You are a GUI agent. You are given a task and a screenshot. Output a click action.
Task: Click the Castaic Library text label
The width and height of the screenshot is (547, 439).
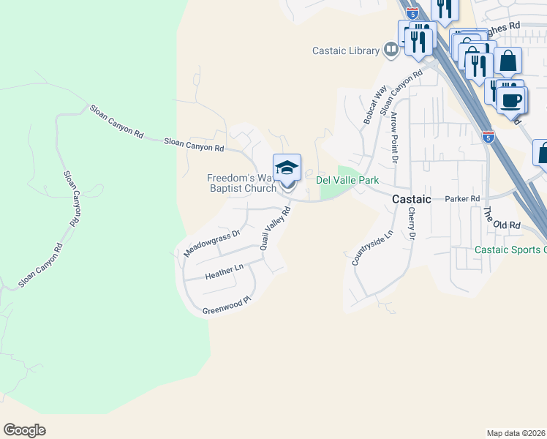pos(346,50)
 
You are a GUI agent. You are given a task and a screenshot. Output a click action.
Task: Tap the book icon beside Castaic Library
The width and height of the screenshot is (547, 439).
pos(391,50)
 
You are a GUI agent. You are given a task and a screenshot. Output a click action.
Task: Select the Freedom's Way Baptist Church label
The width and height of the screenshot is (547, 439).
pos(241,183)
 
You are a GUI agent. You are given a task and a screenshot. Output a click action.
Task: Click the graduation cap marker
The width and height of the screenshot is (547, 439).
pos(287,168)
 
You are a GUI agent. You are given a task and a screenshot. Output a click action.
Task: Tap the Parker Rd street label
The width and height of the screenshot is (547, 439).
pos(463,199)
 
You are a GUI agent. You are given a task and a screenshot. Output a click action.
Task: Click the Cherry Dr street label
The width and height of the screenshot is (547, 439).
pos(411,223)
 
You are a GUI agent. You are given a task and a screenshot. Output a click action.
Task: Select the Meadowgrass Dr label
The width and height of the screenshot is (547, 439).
pos(212,244)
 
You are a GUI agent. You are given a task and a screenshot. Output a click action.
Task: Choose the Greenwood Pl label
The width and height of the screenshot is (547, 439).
pos(227,307)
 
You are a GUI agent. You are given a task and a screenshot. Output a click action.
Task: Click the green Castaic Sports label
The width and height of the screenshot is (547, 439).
pos(510,249)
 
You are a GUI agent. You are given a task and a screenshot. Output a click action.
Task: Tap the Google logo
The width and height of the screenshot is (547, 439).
pos(24,430)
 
